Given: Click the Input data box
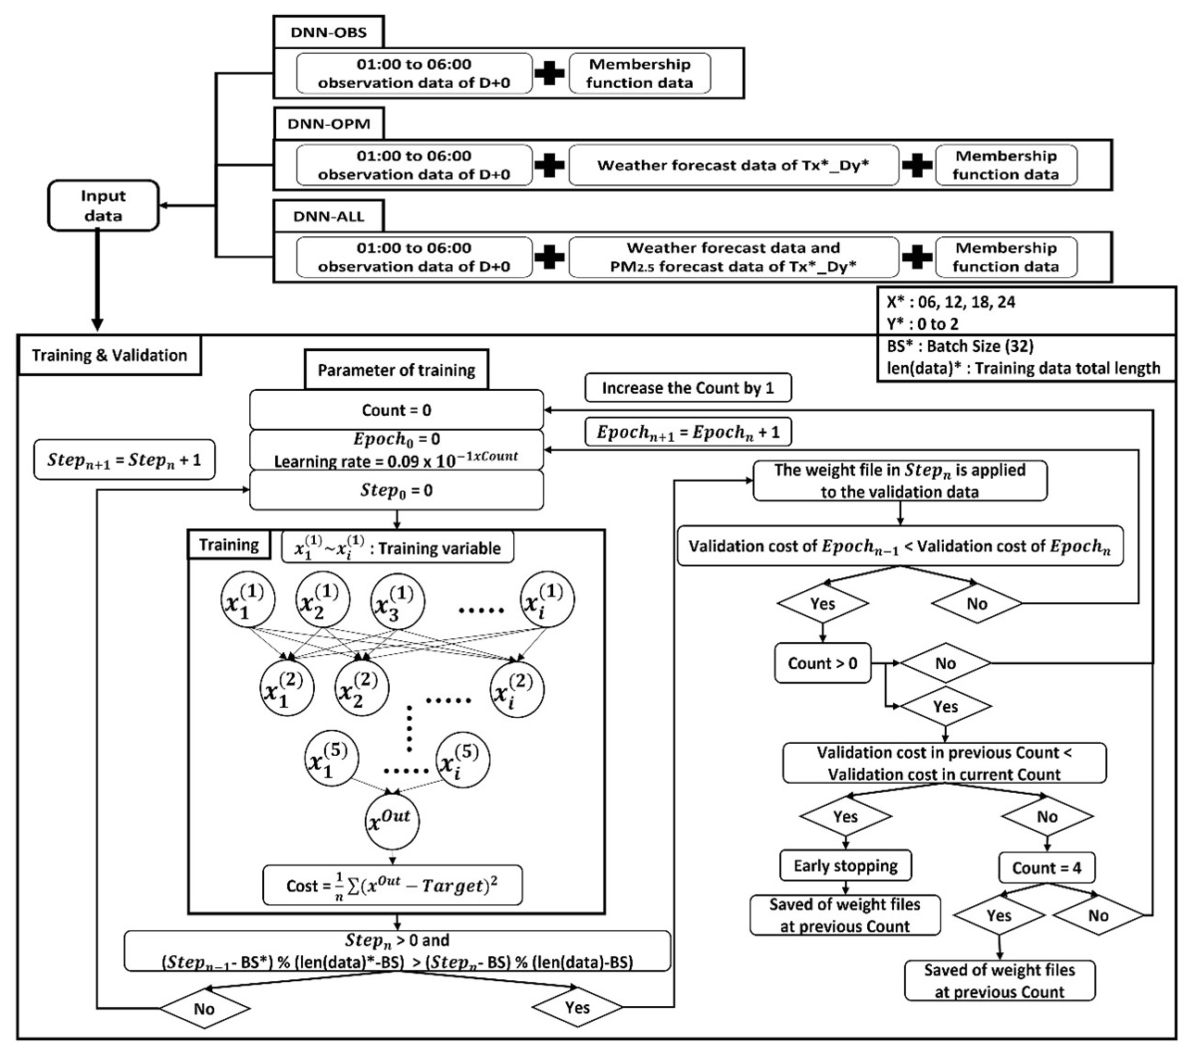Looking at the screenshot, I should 103,206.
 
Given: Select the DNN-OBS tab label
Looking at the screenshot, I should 329,32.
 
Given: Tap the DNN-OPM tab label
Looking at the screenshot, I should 329,124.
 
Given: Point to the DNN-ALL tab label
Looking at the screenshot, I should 329,216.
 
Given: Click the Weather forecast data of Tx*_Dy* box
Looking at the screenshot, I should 733,165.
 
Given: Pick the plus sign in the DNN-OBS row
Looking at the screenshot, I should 549,74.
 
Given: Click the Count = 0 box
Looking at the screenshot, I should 396,409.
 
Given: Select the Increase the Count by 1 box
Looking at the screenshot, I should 687,388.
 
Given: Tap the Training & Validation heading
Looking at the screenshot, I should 109,356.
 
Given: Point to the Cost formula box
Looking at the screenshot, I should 392,886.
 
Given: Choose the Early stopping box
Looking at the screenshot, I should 845,866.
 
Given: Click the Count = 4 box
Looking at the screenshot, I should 1046,868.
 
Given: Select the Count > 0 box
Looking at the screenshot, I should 823,663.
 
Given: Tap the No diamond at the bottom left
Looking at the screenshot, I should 204,1009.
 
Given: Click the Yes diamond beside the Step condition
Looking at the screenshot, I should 576,1008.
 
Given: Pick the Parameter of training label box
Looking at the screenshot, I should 396,371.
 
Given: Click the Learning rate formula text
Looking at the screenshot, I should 396,459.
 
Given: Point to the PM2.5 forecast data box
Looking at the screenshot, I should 733,257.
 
